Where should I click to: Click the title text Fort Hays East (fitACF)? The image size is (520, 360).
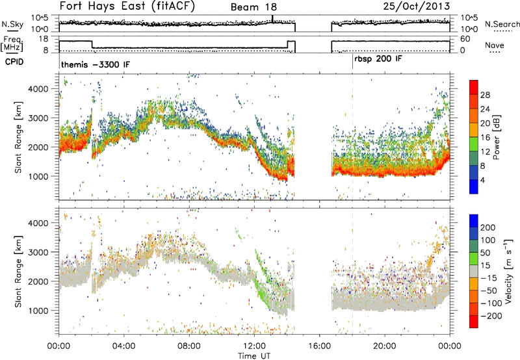tap(127, 6)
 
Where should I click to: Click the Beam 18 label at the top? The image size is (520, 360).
tap(253, 7)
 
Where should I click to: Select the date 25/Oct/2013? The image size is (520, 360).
tap(417, 6)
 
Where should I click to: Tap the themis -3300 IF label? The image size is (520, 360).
tap(96, 64)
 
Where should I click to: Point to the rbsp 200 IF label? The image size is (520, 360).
tap(378, 59)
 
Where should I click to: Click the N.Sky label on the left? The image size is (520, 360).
tap(12, 24)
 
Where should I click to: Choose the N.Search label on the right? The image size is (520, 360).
tap(502, 24)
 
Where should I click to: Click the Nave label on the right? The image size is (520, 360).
tap(495, 45)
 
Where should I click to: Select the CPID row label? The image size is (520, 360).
tap(14, 62)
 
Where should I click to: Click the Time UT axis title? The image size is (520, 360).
tap(254, 356)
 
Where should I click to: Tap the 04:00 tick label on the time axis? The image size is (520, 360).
tap(124, 346)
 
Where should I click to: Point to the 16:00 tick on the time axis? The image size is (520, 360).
tap(319, 346)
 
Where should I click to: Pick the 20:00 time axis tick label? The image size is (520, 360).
tap(384, 346)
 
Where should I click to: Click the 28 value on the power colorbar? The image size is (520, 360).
tap(485, 95)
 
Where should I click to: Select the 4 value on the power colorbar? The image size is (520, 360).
tap(482, 181)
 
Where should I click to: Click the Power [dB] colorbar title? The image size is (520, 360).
tap(497, 137)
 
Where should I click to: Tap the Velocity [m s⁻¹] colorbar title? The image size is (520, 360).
tap(508, 271)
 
